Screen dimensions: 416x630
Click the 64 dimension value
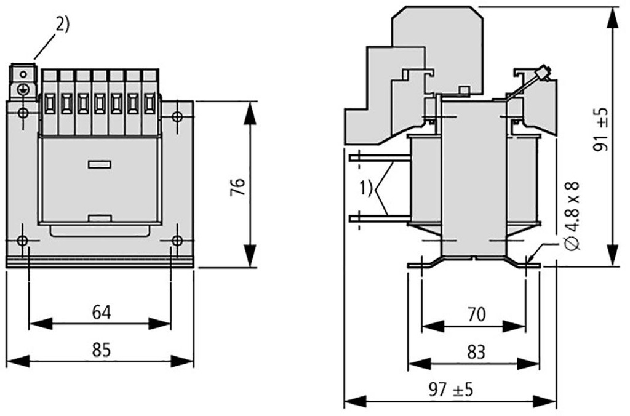click(x=102, y=313)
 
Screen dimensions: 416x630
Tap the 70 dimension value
click(x=476, y=315)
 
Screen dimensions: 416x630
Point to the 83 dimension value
click(x=476, y=352)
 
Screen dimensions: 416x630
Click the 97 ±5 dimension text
click(x=452, y=390)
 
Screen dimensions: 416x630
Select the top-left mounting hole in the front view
click(x=23, y=113)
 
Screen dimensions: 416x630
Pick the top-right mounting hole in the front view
click(x=177, y=116)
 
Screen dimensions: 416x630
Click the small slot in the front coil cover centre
click(x=99, y=164)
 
